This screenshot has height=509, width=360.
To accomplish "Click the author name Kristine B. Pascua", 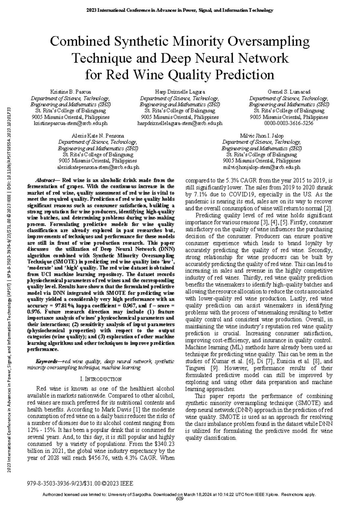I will (x=70, y=92).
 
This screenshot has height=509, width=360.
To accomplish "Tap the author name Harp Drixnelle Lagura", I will (x=180, y=92).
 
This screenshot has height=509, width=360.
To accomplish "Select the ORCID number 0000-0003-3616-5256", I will (x=289, y=123).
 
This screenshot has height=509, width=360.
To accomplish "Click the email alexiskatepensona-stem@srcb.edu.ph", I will (x=98, y=167).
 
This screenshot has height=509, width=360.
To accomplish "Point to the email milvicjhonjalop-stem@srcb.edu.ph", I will (x=262, y=167).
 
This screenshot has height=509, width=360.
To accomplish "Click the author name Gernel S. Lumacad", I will (x=289, y=92).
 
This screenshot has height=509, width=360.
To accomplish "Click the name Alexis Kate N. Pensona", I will (x=98, y=136).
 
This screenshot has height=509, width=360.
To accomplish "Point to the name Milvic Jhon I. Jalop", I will (x=262, y=136).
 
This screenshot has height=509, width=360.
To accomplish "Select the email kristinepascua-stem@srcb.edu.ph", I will (x=70, y=123).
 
